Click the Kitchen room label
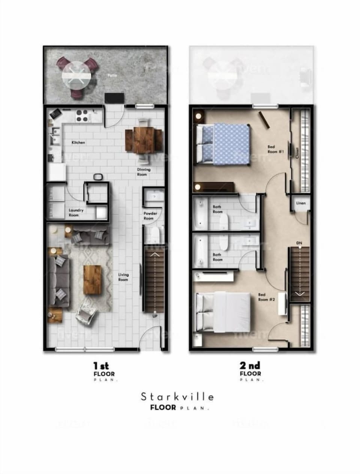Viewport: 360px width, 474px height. click(x=78, y=142)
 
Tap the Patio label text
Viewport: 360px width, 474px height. click(x=112, y=75)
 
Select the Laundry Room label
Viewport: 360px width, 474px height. click(x=76, y=213)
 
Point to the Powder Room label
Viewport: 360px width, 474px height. click(x=150, y=216)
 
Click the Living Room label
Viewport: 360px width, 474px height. click(x=123, y=277)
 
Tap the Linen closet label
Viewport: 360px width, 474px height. click(x=301, y=203)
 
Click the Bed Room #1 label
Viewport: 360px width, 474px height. click(x=276, y=149)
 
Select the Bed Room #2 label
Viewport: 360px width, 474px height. click(x=267, y=297)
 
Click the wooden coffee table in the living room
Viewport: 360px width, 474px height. click(x=92, y=280)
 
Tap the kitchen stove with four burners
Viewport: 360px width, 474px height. click(x=83, y=116)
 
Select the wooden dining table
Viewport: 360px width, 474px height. click(x=143, y=141)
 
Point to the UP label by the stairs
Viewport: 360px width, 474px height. click(x=155, y=316)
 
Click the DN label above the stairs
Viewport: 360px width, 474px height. click(x=299, y=243)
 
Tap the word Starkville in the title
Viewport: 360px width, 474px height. click(x=177, y=396)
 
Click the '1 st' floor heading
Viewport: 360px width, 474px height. click(x=101, y=365)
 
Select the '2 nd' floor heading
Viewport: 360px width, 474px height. click(x=249, y=365)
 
